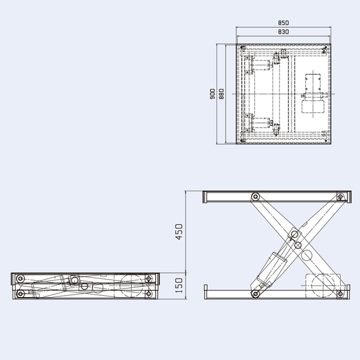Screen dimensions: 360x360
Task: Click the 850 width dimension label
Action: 284,24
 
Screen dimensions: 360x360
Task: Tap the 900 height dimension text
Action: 214,94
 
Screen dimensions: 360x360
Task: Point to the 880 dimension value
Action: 221,94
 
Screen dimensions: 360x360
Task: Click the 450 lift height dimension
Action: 178,232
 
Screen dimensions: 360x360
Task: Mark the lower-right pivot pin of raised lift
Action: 340,293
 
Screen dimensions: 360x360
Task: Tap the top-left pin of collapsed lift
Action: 21,279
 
